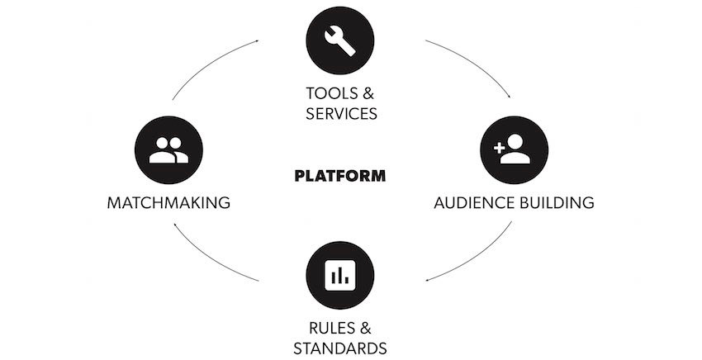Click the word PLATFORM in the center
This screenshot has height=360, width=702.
(339, 176)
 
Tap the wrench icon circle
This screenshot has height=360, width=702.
(339, 40)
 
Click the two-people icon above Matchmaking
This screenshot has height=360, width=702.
(168, 149)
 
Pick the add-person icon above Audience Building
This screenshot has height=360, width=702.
(514, 149)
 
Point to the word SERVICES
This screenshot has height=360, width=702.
(340, 114)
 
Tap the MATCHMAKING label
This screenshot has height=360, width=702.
(168, 202)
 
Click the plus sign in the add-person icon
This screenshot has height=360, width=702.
(500, 148)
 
